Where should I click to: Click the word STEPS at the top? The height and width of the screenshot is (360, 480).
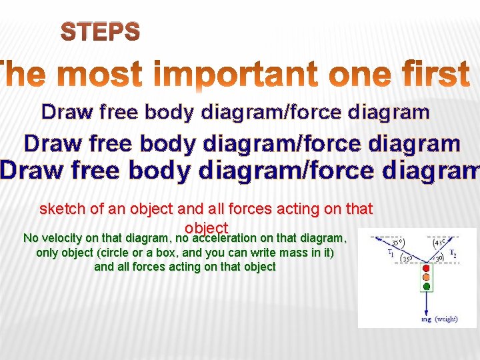point(101,31)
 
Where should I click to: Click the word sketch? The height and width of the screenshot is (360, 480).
point(63,209)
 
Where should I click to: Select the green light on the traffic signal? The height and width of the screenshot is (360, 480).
point(427,287)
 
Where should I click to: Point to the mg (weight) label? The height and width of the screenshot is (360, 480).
point(439,319)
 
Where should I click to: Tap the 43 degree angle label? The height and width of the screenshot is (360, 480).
point(441,243)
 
